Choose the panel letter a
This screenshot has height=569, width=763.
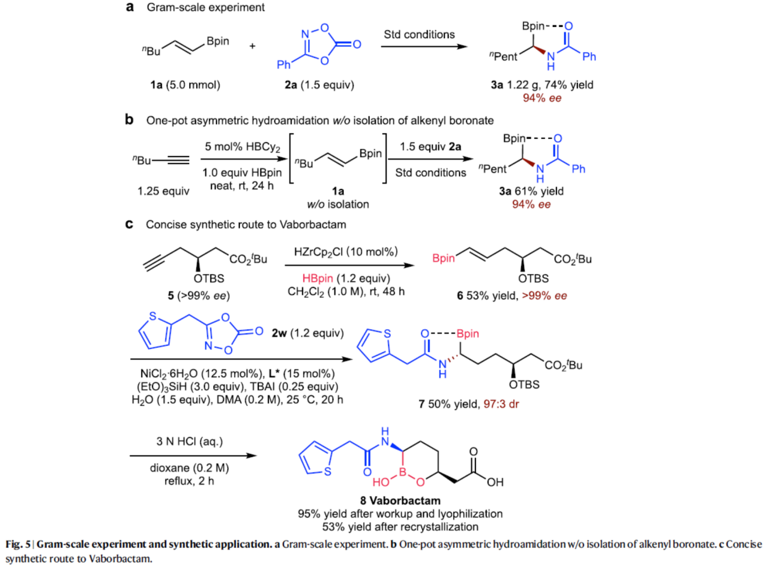[128, 8]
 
